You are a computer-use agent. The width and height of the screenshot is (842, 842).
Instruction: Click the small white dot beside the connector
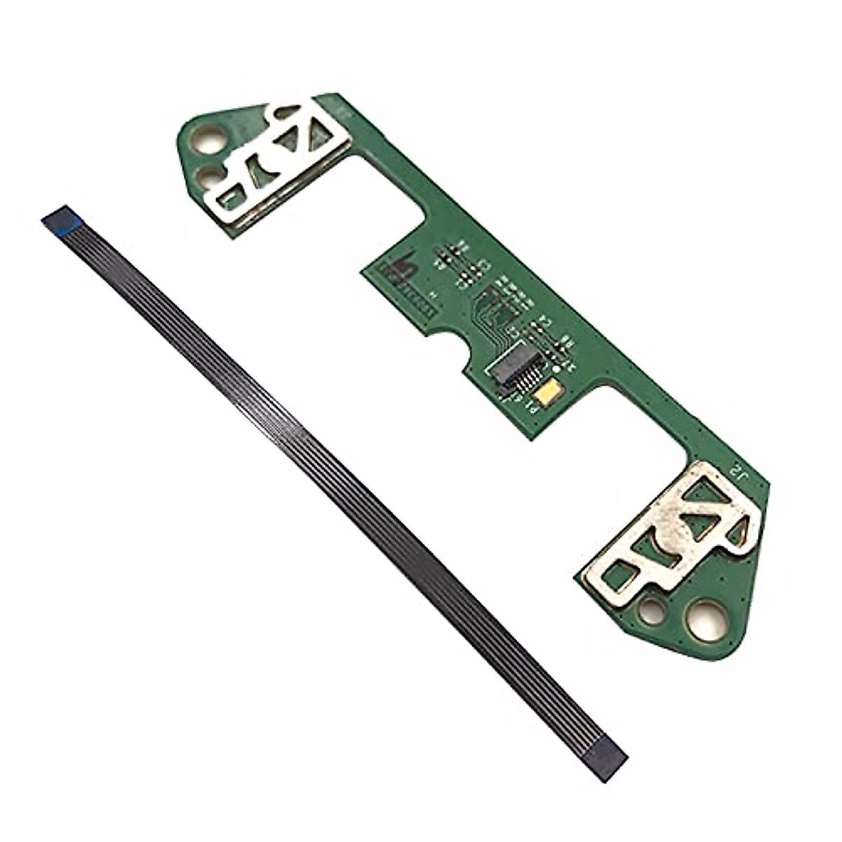556,368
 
